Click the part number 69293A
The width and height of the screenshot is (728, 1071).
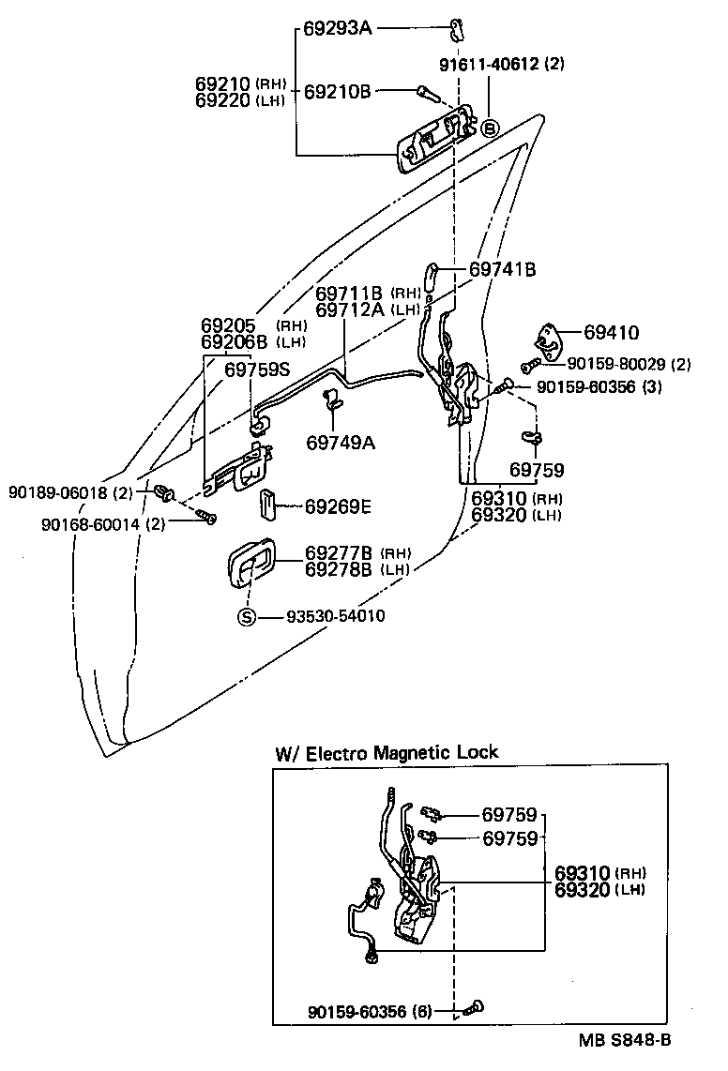coord(338,28)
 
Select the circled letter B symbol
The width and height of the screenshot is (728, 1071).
coord(488,129)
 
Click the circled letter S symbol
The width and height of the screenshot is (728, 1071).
coord(246,616)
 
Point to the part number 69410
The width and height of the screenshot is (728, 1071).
coord(611,332)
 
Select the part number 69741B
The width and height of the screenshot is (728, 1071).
coord(502,269)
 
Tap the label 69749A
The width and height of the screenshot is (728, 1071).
coord(340,442)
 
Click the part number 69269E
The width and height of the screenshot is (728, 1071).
coord(338,506)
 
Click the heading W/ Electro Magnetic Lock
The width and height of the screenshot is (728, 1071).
coord(387,752)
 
